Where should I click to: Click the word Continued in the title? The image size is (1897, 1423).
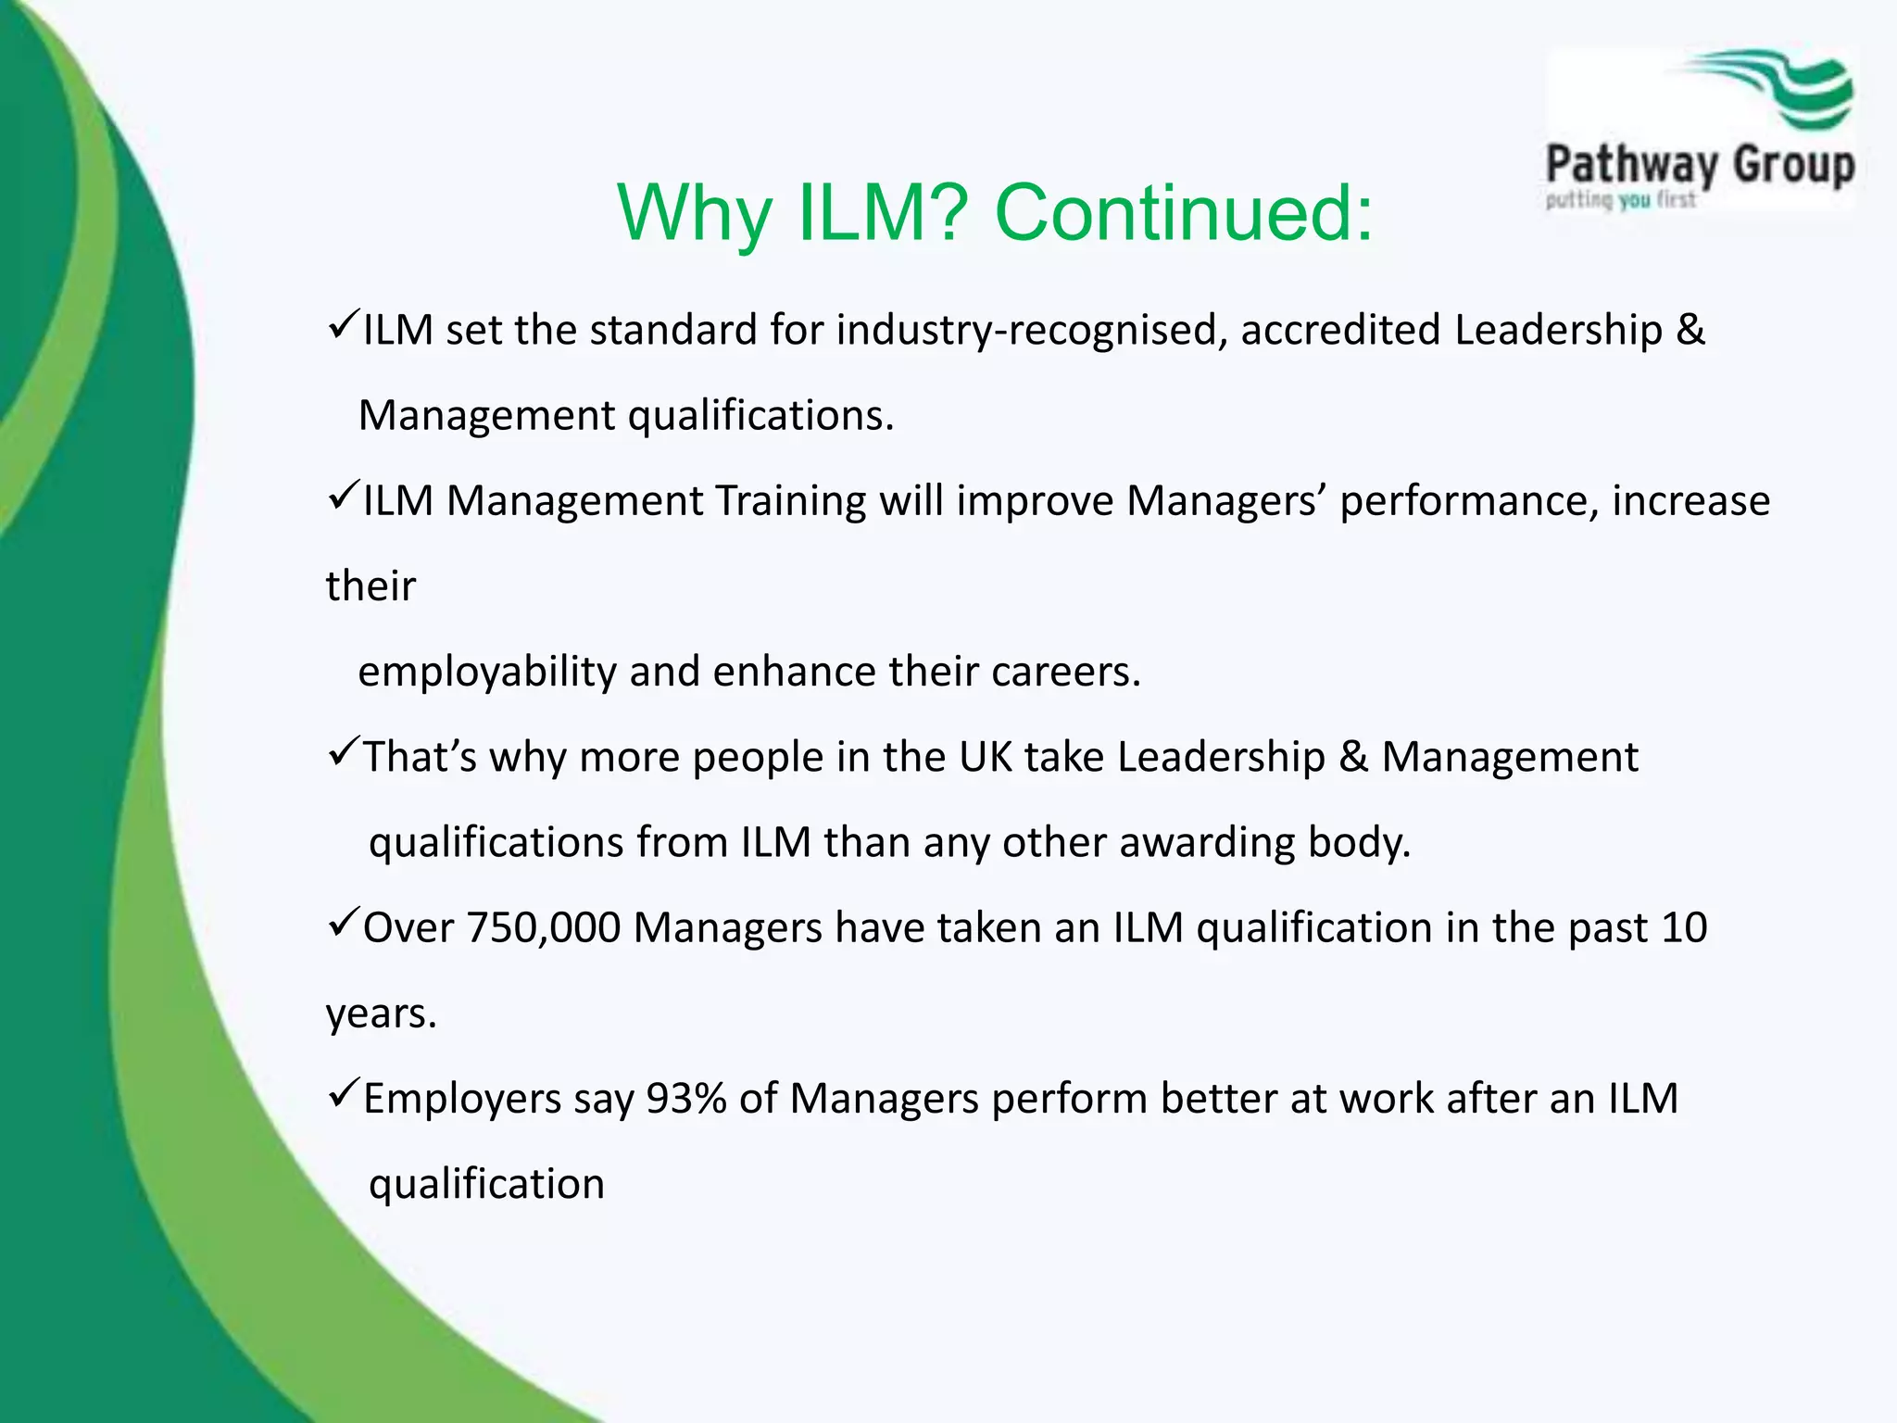pos(1183,212)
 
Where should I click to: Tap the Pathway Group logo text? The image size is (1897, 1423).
pos(1700,166)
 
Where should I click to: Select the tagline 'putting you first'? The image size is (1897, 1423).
pos(1620,199)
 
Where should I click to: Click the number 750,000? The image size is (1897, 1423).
pos(542,928)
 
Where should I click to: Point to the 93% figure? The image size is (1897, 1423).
pos(685,1099)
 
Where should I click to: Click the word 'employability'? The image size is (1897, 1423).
pos(487,672)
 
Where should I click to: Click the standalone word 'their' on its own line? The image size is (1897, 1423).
pos(371,586)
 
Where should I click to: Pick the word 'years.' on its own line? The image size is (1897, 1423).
pos(381,1014)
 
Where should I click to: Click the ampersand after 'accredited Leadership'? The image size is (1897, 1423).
pos(1690,331)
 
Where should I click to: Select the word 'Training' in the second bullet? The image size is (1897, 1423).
pos(789,501)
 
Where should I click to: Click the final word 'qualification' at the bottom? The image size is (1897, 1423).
pos(486,1184)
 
